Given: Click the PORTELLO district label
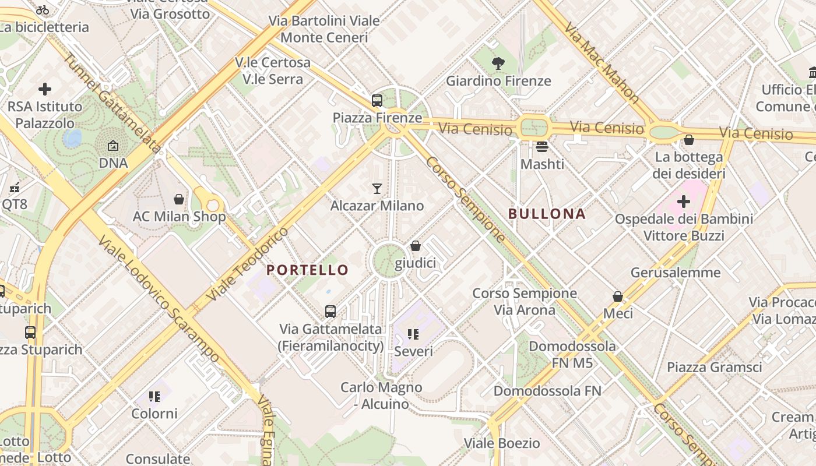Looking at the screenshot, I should coord(307,270).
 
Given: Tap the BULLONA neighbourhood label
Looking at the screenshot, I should coord(547,214).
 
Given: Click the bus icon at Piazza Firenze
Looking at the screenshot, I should coord(377,100).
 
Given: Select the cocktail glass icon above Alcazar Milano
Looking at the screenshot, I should coord(377,188).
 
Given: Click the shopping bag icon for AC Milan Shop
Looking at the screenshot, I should coord(179,199).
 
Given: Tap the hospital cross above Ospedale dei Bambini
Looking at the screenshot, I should coord(684,202).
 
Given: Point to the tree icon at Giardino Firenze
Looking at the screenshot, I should coord(498,63).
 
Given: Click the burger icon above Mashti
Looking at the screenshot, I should coord(542,146).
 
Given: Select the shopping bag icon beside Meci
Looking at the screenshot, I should coord(618,296).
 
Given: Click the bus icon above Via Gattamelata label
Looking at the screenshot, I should coord(330,311).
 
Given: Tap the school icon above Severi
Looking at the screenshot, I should coord(413,334).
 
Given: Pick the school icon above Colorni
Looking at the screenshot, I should coord(154,397).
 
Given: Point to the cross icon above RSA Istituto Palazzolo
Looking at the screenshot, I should coord(45,89).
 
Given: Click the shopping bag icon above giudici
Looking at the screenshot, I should coord(416,246).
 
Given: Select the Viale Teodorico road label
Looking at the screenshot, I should coord(247,264).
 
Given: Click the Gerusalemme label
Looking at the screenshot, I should coord(676,272).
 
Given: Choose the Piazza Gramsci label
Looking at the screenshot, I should coord(714,367).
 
